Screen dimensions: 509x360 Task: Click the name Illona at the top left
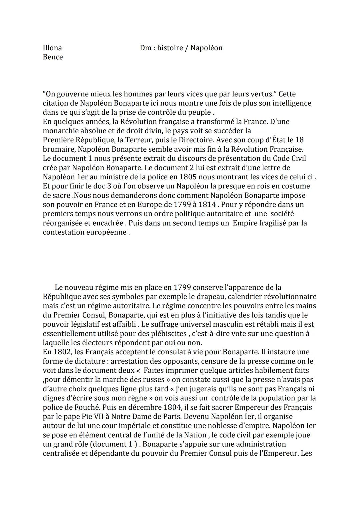tap(52, 48)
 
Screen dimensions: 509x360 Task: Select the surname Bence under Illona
tap(53, 57)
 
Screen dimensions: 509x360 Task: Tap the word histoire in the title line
tap(170, 48)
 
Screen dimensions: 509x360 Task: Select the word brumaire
tap(58, 149)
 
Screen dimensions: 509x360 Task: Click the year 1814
tap(205, 204)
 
